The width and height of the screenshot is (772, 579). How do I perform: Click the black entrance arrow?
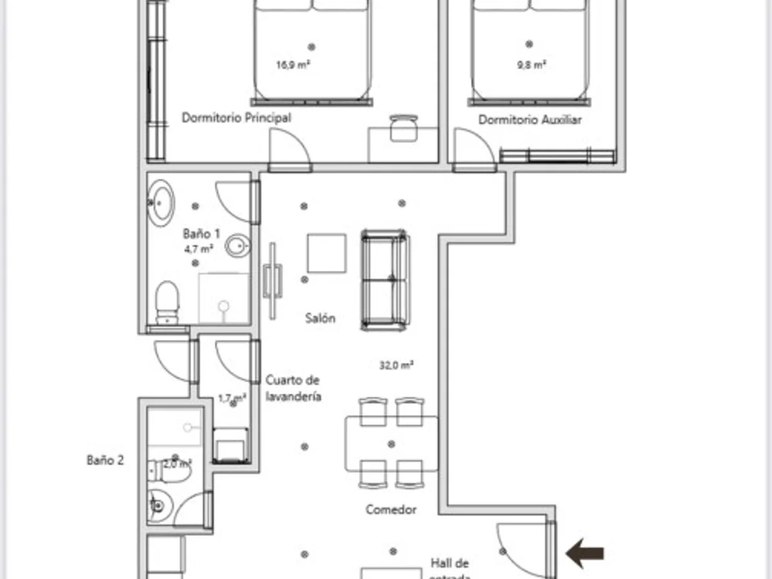585,553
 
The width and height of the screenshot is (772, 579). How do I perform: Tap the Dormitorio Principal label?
236,118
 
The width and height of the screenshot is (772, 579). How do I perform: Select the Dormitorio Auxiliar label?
529,120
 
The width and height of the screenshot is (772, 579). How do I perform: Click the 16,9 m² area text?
289,64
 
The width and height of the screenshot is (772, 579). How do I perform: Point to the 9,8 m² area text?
531,64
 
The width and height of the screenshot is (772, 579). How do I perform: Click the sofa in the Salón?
385,279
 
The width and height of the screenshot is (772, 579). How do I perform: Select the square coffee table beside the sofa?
326,253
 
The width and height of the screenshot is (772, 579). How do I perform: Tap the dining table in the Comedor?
391,444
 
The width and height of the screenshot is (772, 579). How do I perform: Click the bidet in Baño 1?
237,245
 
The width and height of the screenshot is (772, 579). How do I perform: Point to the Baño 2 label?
105,460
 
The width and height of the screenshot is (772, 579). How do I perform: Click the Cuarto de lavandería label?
293,389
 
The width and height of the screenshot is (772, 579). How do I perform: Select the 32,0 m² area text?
396,365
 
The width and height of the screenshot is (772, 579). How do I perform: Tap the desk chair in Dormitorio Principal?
403,127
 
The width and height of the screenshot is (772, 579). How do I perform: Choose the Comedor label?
391,510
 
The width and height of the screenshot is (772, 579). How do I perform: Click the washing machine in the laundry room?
230,445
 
